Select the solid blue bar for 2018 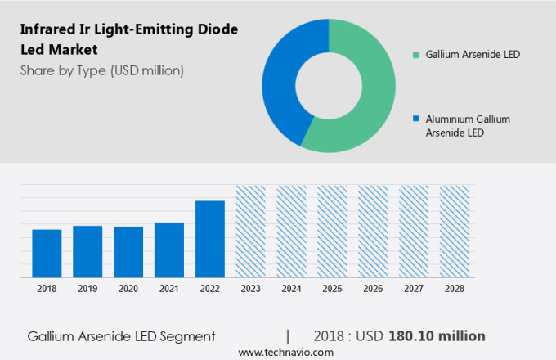[47, 254]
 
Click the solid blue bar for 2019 [87, 252]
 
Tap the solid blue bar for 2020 [128, 252]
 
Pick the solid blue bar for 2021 [169, 250]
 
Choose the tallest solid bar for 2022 [209, 239]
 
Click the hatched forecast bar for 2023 [250, 232]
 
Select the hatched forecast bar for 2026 [373, 232]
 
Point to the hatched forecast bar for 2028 [455, 232]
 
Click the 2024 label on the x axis [291, 289]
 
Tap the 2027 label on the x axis [414, 289]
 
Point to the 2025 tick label [332, 289]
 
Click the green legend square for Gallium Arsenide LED [417, 55]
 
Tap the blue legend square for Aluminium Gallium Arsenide [417, 119]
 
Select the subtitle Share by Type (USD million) [102, 70]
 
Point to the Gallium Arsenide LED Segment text [121, 336]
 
